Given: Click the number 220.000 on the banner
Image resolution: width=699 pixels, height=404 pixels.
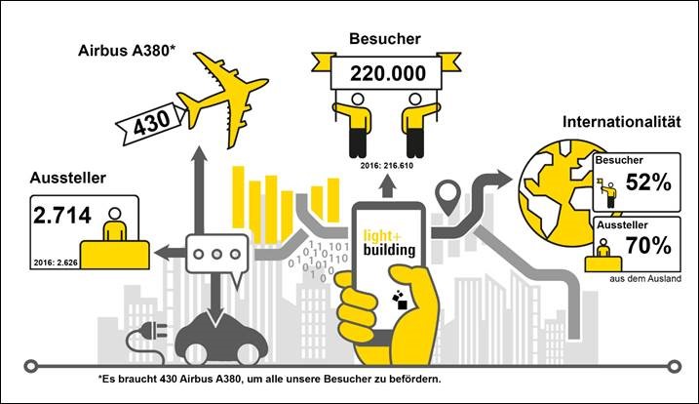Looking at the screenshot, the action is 387,73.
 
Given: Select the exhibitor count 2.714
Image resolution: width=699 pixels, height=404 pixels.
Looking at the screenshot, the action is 62,215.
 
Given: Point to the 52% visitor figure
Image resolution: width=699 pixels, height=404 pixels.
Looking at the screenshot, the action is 648,182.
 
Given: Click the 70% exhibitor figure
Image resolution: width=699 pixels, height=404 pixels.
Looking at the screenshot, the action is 648,245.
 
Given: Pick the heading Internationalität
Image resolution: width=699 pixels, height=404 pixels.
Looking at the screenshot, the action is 621,122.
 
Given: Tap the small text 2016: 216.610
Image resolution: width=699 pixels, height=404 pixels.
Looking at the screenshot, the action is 387,166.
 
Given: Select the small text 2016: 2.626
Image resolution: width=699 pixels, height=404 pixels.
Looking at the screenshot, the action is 56,263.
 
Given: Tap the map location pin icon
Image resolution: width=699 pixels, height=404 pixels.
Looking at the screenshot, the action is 447,197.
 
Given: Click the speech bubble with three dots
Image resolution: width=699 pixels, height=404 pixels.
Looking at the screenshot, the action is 217,255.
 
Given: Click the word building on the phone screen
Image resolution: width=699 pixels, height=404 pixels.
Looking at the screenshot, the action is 389,250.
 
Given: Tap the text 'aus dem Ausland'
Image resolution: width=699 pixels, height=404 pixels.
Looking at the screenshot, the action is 645,278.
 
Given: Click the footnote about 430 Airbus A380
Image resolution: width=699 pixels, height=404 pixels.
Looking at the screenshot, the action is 269,380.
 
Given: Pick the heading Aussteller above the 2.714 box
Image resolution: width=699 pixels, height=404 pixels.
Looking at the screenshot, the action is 68,178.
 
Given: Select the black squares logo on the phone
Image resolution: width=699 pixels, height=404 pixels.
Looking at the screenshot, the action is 400,299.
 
